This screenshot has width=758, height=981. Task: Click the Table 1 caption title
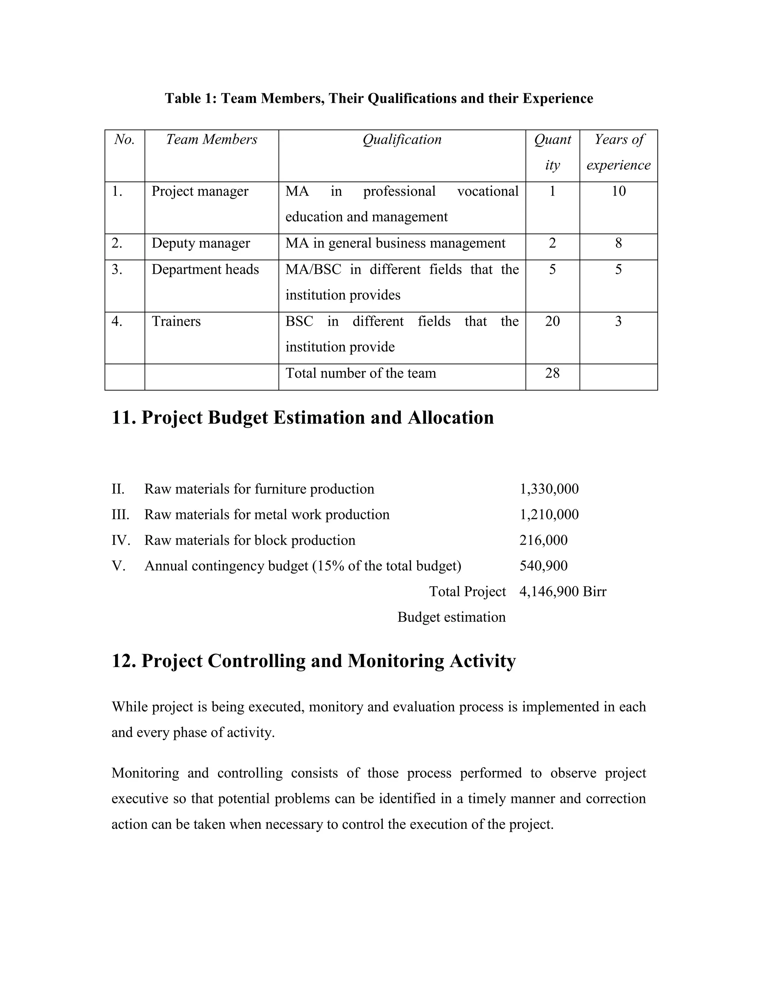(x=379, y=98)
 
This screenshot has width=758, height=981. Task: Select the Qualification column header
(x=402, y=140)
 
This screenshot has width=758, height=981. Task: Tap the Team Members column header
(x=211, y=140)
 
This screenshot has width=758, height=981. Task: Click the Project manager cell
(x=200, y=191)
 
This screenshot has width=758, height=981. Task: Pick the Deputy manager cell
(x=201, y=244)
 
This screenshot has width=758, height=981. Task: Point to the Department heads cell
(x=205, y=269)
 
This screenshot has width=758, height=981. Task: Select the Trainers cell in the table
(x=176, y=322)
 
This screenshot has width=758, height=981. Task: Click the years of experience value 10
(x=618, y=191)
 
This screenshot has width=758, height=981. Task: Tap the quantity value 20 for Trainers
(x=552, y=322)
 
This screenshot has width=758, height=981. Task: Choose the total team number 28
(x=552, y=373)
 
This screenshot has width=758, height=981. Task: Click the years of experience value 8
(x=618, y=244)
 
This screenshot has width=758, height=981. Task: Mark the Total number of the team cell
(x=360, y=373)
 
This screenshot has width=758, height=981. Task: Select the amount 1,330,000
(x=549, y=489)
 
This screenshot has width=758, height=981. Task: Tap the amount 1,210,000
(x=549, y=515)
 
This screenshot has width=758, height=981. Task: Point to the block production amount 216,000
(x=543, y=540)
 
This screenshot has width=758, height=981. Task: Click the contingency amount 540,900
(x=543, y=566)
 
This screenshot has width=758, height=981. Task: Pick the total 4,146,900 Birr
(x=563, y=592)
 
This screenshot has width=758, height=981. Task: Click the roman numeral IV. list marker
(x=120, y=540)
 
